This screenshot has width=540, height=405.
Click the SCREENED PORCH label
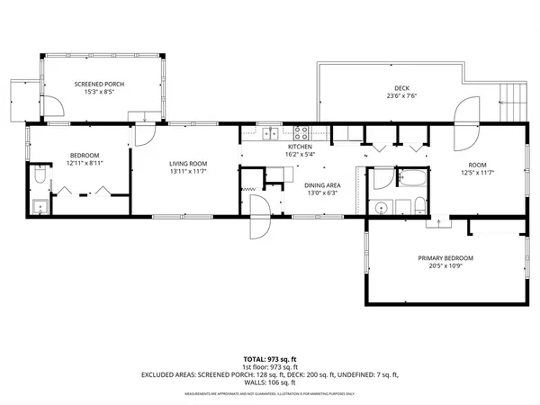[x=99, y=84]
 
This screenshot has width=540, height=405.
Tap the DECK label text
[x=389, y=87]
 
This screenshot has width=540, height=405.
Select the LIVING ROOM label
[x=189, y=163]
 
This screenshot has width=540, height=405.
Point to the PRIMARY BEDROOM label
[x=445, y=258]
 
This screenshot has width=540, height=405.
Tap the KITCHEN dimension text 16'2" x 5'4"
[x=299, y=154]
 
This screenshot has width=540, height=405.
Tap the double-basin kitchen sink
[x=269, y=135]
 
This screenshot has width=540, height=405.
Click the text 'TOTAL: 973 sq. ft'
[x=269, y=359]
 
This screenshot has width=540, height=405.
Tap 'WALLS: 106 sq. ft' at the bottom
[x=269, y=381]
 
